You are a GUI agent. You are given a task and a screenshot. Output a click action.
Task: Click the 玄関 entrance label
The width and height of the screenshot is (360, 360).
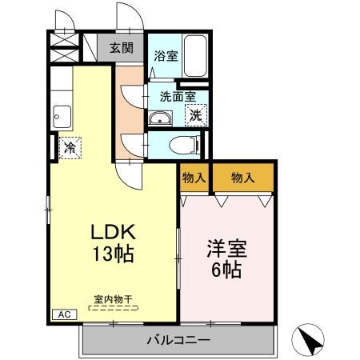[x=122, y=47]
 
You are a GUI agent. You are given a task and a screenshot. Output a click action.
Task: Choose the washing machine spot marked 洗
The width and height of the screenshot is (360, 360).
[x=194, y=114]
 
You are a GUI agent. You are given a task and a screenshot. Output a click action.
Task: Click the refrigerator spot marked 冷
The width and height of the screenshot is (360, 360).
[x=70, y=148]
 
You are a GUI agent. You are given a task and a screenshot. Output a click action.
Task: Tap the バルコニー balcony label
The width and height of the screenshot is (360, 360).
[x=178, y=341]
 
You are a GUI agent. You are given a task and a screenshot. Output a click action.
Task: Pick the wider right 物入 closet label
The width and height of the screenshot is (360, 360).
[x=242, y=178]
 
